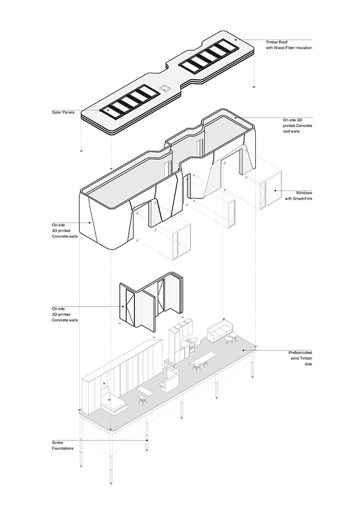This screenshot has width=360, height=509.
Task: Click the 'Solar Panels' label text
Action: pyautogui.click(x=63, y=112)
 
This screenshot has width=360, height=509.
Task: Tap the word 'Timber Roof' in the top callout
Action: pyautogui.click(x=276, y=42)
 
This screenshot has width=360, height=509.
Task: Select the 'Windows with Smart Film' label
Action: pyautogui.click(x=298, y=195)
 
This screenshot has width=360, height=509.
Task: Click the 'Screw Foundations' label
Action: pyautogui.click(x=63, y=445)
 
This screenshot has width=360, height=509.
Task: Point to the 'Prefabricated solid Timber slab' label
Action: pyautogui.click(x=300, y=358)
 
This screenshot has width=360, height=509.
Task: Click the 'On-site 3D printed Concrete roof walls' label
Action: pyautogui.click(x=297, y=126)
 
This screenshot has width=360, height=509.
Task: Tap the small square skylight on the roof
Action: pyautogui.click(x=165, y=88)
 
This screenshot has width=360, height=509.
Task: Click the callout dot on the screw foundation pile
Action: pyautogui.click(x=147, y=440)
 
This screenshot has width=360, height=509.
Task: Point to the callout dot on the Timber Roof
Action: pyautogui.click(x=236, y=40)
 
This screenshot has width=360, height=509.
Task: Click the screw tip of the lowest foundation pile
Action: pyautogui.click(x=111, y=483)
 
